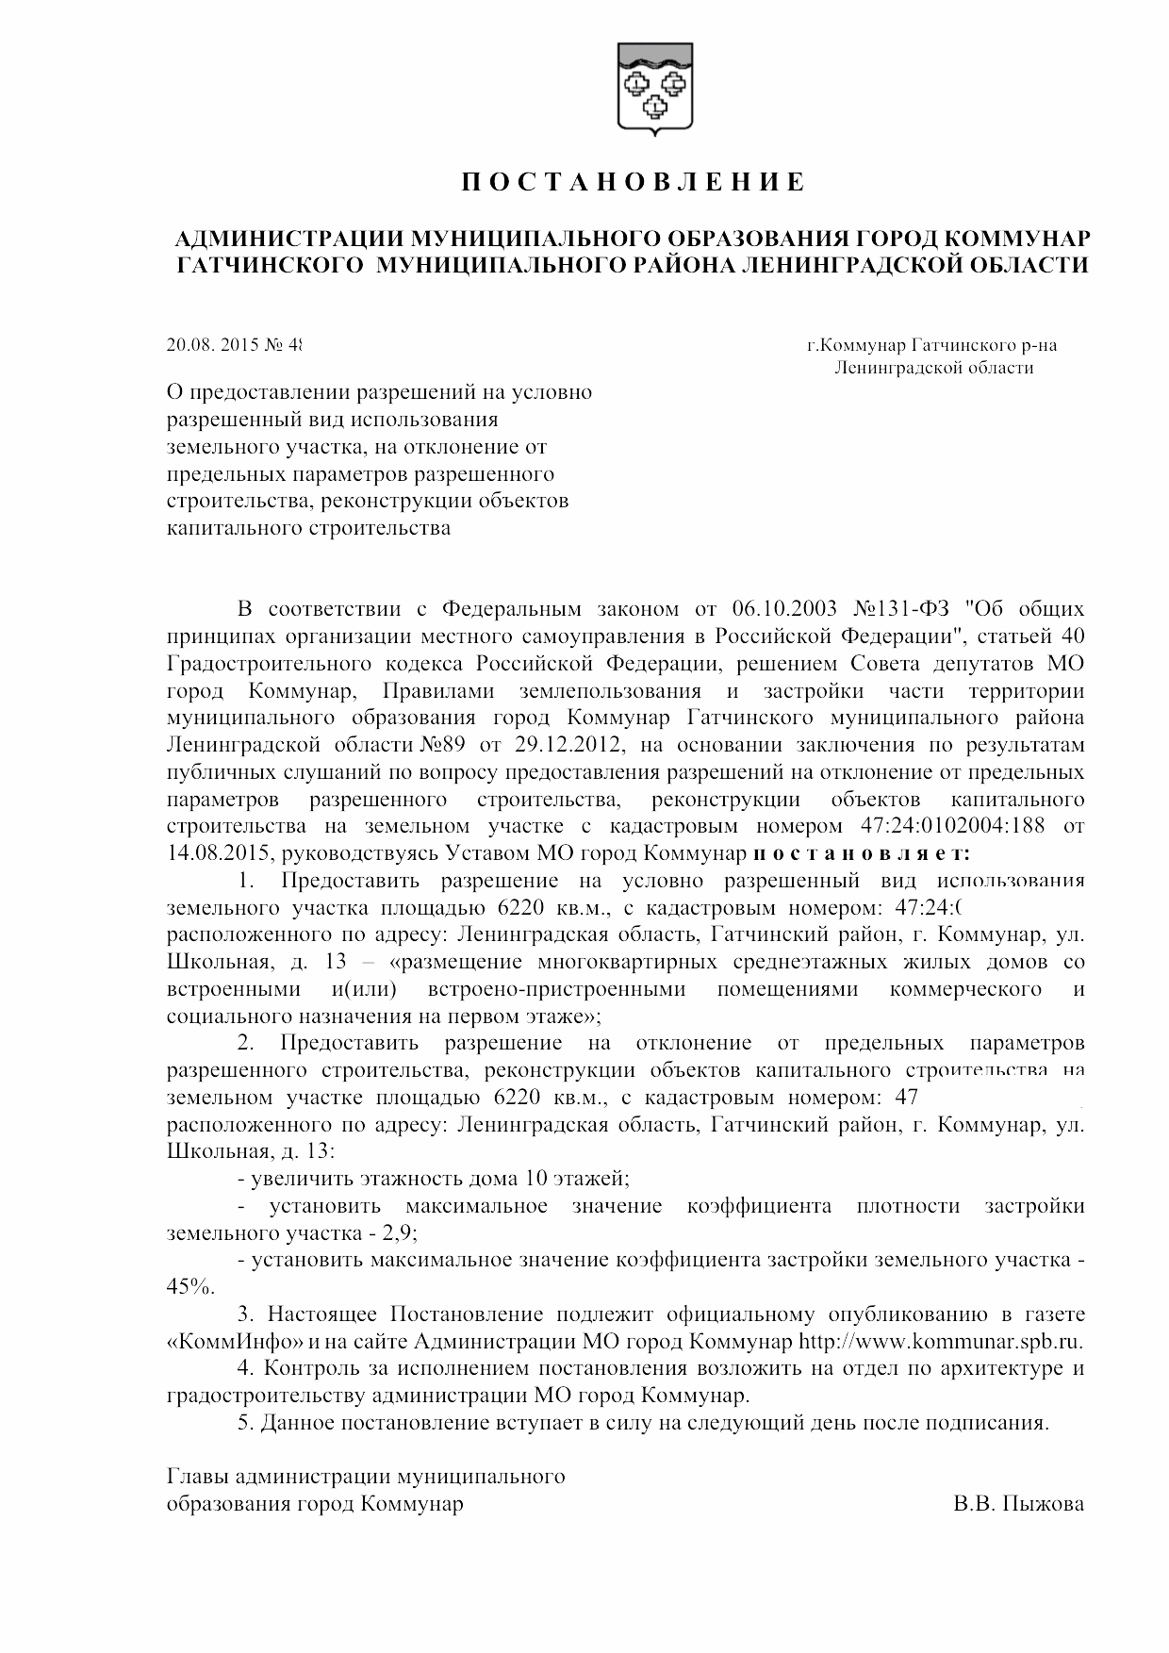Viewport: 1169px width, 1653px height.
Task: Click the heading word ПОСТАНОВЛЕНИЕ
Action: pyautogui.click(x=633, y=182)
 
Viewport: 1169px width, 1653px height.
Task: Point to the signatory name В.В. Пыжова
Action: pyautogui.click(x=1018, y=1504)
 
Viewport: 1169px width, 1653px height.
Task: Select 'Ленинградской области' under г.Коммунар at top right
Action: pyautogui.click(x=933, y=368)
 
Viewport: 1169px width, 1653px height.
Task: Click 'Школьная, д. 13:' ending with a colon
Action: pyautogui.click(x=250, y=1151)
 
